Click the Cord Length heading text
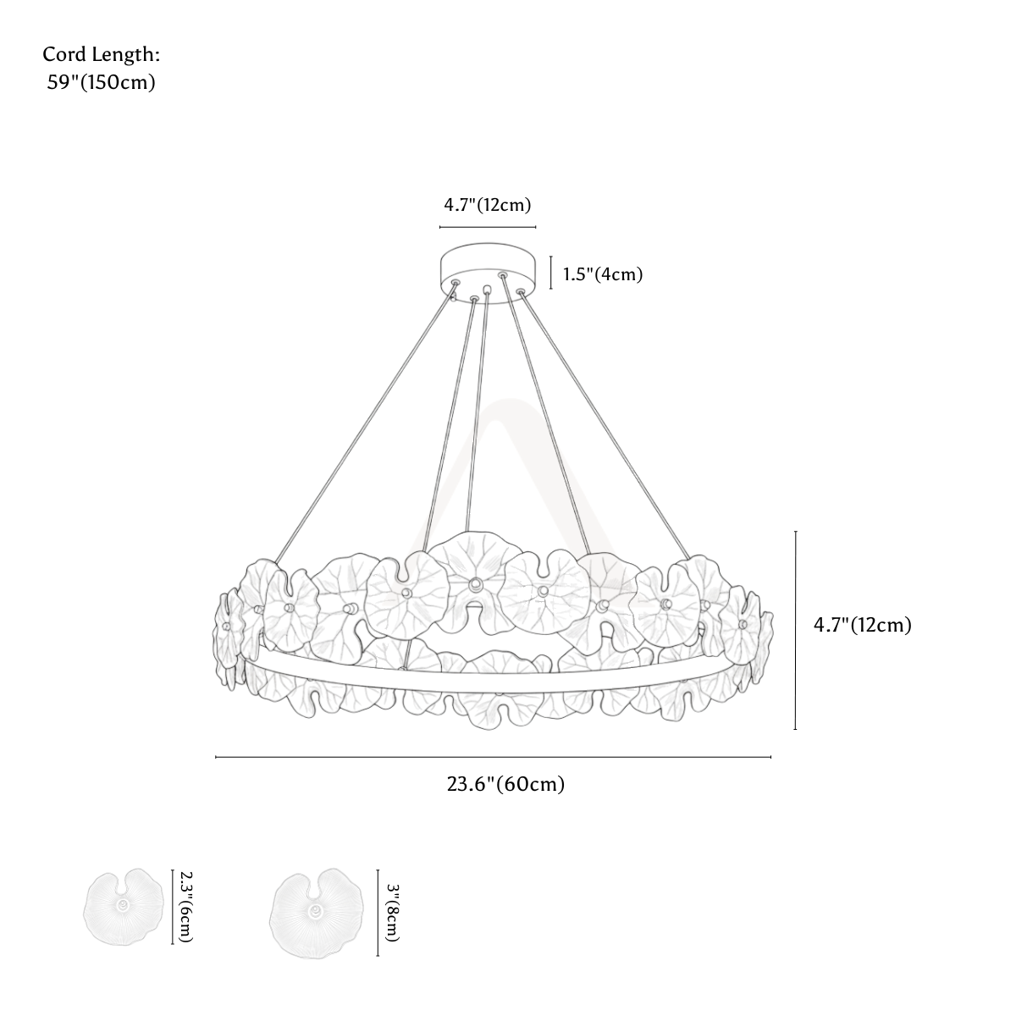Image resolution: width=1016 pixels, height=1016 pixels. coord(102,55)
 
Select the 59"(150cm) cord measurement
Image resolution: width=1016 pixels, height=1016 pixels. coord(102,82)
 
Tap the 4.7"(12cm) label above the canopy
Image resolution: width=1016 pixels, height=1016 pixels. coord(487,205)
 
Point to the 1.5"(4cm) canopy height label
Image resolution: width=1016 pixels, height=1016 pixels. coord(603,274)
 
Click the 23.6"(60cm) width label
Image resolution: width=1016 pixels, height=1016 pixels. coord(506,784)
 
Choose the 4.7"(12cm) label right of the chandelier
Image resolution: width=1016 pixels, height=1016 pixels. coord(863,625)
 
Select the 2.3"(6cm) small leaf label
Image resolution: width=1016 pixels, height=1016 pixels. coord(186,906)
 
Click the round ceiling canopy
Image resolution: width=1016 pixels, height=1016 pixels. coord(488,272)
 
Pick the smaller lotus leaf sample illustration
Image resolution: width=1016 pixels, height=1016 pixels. coord(124,907)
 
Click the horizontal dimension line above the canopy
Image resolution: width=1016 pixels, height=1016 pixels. coord(488,227)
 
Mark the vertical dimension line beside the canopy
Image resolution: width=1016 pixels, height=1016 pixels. coord(551,273)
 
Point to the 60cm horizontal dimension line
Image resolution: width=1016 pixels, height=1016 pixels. coord(494,757)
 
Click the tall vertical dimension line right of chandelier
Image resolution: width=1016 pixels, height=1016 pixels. coord(796,631)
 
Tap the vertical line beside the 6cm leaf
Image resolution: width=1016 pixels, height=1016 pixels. coord(173,907)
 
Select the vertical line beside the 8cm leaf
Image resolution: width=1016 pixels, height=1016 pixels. coord(378,913)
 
